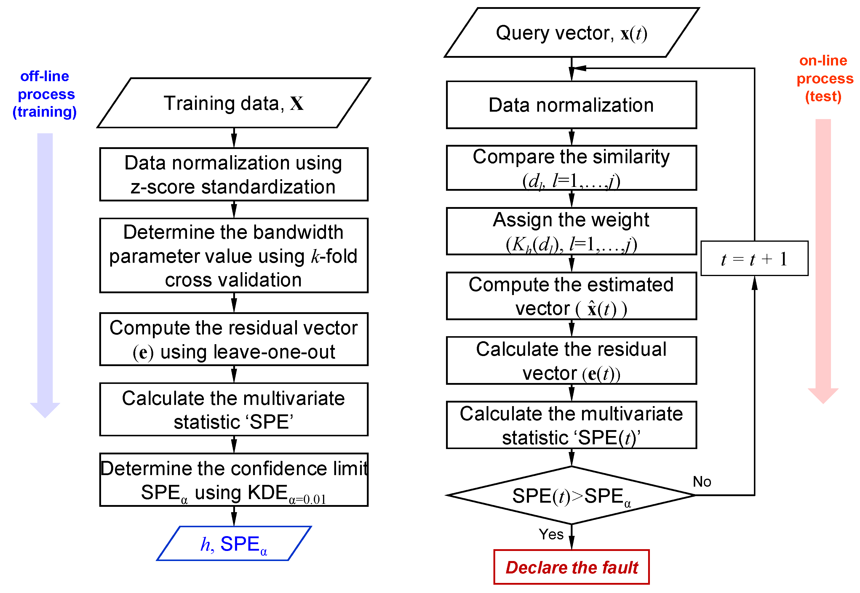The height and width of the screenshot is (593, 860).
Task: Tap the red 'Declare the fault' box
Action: (571, 567)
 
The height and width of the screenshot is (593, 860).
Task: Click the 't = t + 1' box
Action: (754, 259)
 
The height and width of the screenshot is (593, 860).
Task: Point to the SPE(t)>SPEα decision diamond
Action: (571, 495)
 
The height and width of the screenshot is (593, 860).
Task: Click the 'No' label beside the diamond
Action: (702, 482)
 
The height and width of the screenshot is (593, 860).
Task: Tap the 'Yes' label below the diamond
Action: (551, 534)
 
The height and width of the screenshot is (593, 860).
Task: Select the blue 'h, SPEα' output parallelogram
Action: (234, 544)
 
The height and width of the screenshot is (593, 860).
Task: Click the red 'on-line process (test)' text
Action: (824, 78)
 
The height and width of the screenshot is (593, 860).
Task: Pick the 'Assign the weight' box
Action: (571, 231)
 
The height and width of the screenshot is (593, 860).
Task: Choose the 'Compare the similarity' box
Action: (571, 168)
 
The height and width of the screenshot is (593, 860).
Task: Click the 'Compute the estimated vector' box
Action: (571, 296)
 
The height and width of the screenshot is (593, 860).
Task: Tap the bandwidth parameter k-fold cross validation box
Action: (234, 256)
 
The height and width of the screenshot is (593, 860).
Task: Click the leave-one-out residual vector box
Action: (234, 339)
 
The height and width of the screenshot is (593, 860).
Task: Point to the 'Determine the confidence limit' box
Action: (234, 480)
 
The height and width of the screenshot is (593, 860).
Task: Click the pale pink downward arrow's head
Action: (823, 395)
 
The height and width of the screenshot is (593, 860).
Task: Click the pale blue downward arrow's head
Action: (45, 410)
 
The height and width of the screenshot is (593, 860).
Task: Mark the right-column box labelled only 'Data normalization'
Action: (571, 105)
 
